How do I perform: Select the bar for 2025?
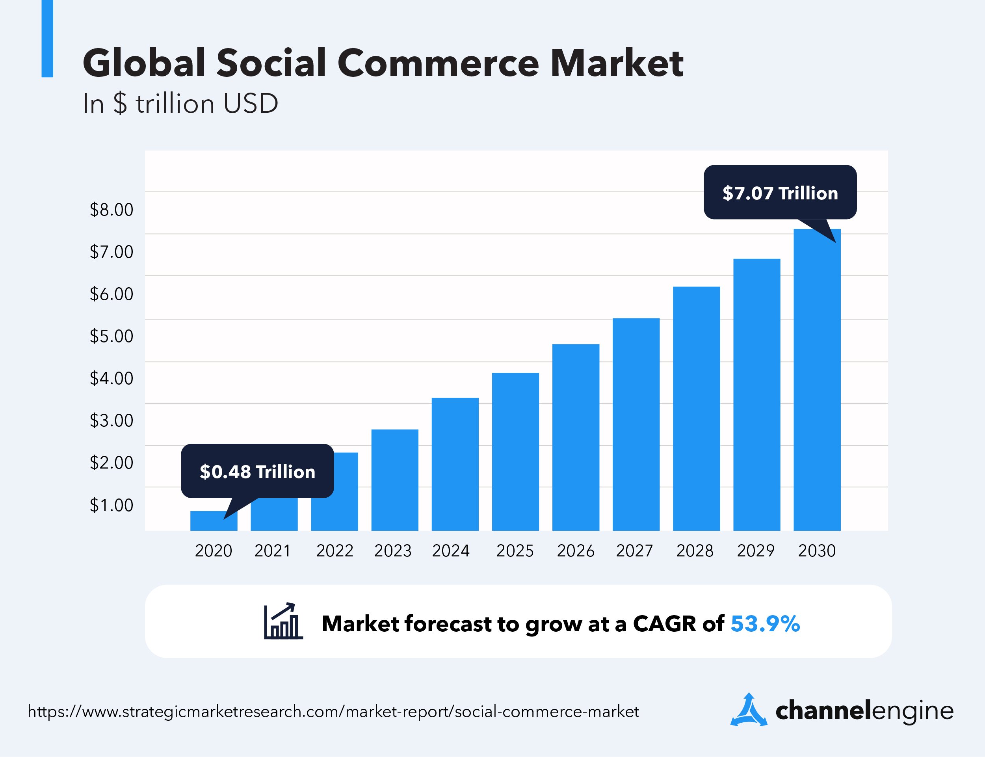515,452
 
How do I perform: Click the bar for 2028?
696,408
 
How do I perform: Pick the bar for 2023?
394,480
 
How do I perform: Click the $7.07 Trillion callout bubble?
780,193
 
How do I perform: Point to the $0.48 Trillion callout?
257,471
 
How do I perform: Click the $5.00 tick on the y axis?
112,336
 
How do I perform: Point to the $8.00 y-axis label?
112,210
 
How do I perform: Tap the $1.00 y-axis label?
112,505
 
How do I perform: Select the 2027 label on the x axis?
634,551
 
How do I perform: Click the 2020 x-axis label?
213,551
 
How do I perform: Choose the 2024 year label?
450,551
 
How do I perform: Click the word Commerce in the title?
438,63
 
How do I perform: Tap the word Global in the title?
144,63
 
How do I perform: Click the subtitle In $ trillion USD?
180,104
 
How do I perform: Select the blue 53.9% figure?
765,624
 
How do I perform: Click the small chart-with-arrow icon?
283,621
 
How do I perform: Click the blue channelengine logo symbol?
748,711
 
